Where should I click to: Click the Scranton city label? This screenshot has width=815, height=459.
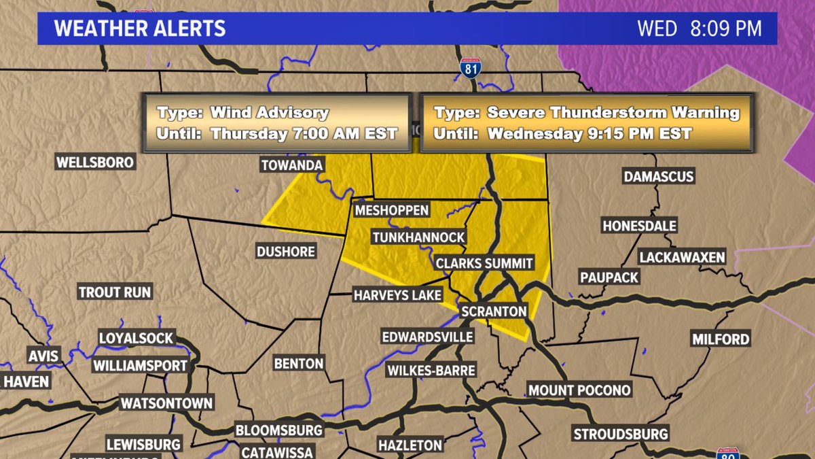[494, 311]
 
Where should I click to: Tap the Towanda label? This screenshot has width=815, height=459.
[292, 165]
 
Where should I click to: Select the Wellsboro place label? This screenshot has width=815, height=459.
[95, 163]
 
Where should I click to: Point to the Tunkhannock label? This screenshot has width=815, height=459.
[418, 237]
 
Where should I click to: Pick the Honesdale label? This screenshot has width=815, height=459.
[639, 226]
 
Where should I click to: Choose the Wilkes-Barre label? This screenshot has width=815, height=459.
[431, 371]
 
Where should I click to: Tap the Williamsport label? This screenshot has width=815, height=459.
[140, 365]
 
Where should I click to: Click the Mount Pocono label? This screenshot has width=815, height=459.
[580, 390]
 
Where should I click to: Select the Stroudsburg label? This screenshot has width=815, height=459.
[621, 434]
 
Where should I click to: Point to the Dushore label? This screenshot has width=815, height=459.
[286, 252]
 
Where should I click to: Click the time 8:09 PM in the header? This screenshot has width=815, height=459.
[725, 29]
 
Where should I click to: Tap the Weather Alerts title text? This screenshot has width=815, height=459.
[140, 29]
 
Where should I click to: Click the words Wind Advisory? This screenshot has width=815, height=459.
[269, 113]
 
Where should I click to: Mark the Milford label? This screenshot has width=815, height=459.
[721, 339]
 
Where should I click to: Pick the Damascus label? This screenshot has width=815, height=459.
[659, 177]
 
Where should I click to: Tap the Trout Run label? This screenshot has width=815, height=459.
[115, 292]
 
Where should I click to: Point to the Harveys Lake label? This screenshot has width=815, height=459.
[397, 295]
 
